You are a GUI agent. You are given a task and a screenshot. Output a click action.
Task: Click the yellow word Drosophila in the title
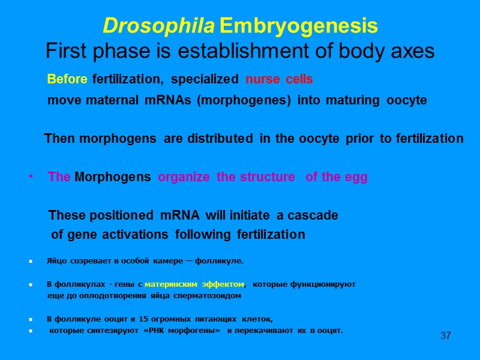click(x=159, y=26)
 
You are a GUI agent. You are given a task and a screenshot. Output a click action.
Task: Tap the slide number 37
click(x=445, y=335)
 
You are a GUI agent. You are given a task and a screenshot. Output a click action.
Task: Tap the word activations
click(x=140, y=234)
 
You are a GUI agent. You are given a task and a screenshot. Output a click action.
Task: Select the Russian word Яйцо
click(x=56, y=261)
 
